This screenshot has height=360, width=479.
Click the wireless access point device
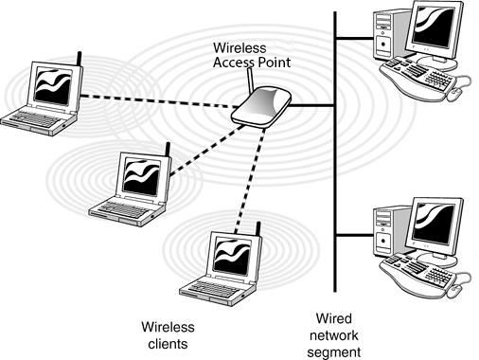[x=260, y=107]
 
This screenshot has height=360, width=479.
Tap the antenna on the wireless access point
[x=251, y=80]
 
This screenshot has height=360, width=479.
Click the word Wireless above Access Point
[x=239, y=47]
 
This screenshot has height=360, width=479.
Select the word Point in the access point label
[x=274, y=63]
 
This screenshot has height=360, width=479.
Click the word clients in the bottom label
[x=168, y=344]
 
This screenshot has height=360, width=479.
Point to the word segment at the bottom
[x=334, y=352]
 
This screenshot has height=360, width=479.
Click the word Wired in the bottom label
[x=334, y=318]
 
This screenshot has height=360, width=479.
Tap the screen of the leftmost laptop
[x=53, y=86]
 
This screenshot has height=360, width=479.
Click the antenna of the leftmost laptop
[x=80, y=59]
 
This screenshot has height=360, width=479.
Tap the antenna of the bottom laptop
[x=258, y=229]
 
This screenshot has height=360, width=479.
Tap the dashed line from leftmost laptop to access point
[x=159, y=101]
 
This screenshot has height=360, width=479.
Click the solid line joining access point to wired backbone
[x=311, y=105]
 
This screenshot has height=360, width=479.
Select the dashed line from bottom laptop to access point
[x=251, y=180]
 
